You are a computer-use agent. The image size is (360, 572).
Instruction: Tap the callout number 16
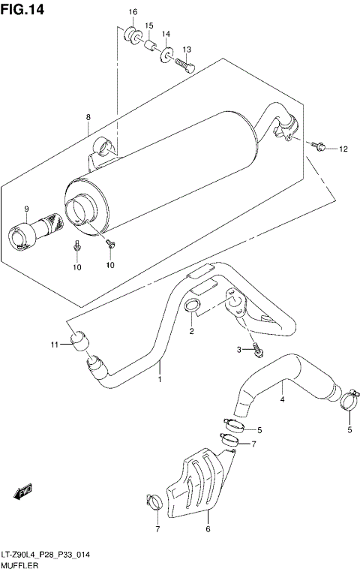[133, 13]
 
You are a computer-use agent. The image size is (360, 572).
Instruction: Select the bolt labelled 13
[184, 66]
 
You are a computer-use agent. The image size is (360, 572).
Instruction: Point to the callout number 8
[88, 117]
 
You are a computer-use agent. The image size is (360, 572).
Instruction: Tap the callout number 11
[53, 345]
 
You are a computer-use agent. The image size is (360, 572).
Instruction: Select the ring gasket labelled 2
[191, 307]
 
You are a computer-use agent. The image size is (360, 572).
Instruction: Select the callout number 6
[208, 530]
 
